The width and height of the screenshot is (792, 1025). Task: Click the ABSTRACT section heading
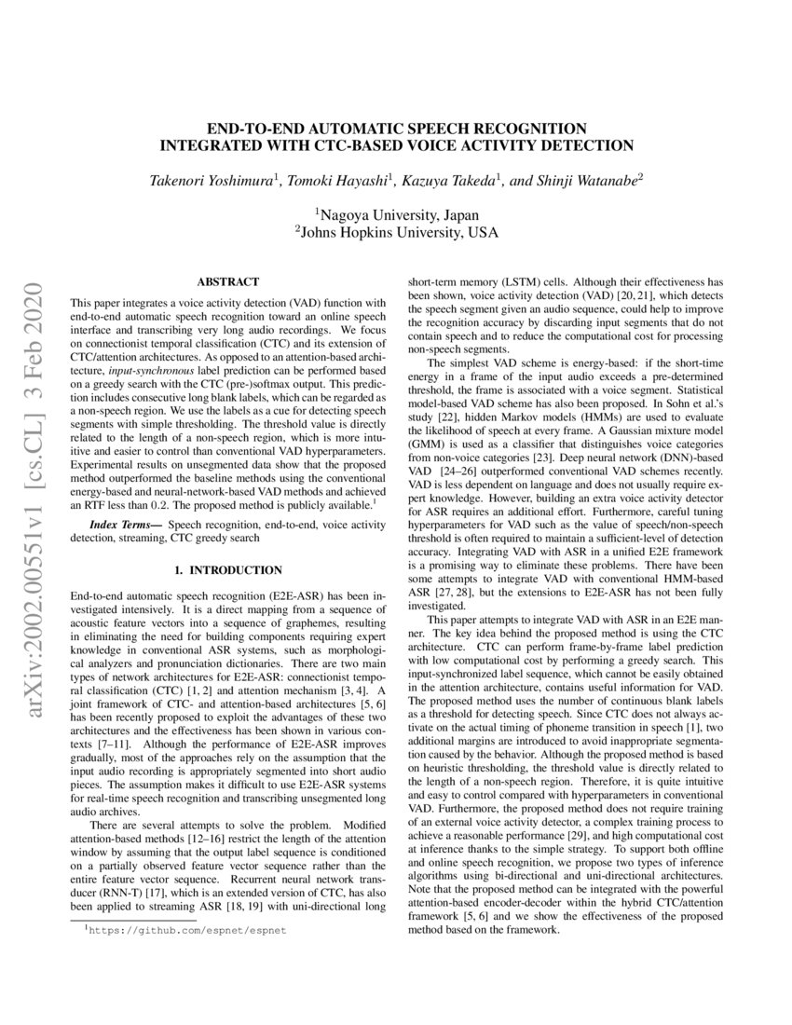click(x=227, y=281)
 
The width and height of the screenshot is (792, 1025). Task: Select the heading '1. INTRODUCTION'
click(x=227, y=569)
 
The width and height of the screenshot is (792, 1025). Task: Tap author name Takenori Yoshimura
click(x=211, y=179)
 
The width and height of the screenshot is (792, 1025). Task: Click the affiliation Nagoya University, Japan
click(x=396, y=214)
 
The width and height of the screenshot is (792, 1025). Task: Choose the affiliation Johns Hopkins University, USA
click(x=396, y=232)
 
